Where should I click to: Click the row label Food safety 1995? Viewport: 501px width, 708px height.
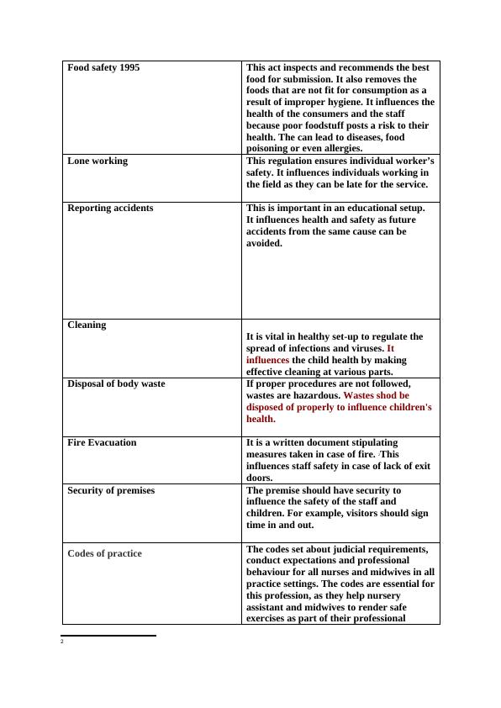(103, 67)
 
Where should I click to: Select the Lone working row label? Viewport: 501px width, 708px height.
(98, 161)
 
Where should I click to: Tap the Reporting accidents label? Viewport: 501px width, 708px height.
(110, 208)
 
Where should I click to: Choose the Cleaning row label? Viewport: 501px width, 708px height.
(87, 325)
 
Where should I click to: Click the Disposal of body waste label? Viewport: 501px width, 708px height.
(116, 383)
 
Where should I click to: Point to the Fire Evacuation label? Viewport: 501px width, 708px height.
(102, 442)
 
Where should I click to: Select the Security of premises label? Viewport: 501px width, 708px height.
(111, 490)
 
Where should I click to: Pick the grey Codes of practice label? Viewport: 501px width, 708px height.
(104, 553)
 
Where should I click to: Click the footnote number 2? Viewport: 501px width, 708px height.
(62, 642)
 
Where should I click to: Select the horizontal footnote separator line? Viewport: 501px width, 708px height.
(108, 636)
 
